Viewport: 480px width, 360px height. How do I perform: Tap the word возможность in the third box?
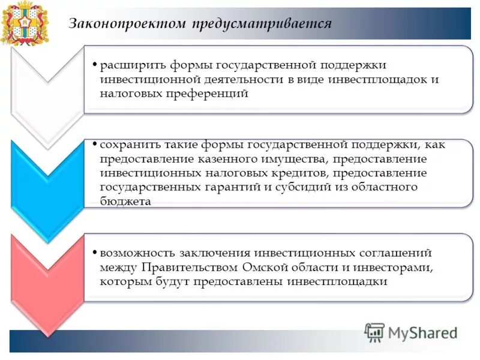click(x=136, y=253)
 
